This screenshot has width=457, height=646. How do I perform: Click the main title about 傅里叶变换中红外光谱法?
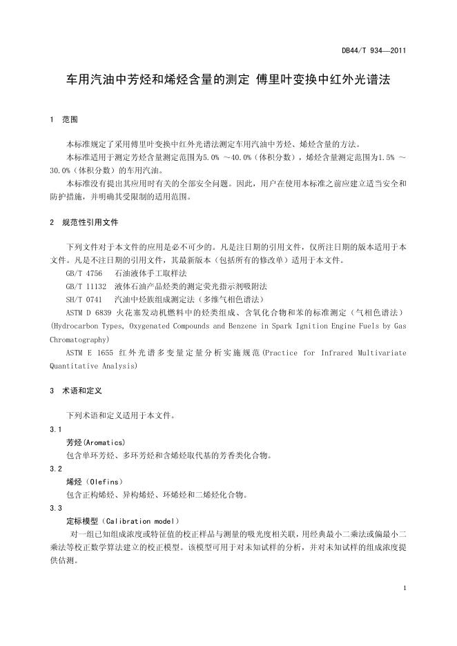pos(228,80)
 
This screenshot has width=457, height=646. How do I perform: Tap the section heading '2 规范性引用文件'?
pos(85,223)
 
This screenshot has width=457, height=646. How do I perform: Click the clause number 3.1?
pos(56,429)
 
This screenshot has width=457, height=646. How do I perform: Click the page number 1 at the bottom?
pos(403,587)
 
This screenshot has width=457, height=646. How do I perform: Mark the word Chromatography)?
pos(79,340)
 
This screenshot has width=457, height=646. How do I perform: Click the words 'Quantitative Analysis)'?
pos(93,366)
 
